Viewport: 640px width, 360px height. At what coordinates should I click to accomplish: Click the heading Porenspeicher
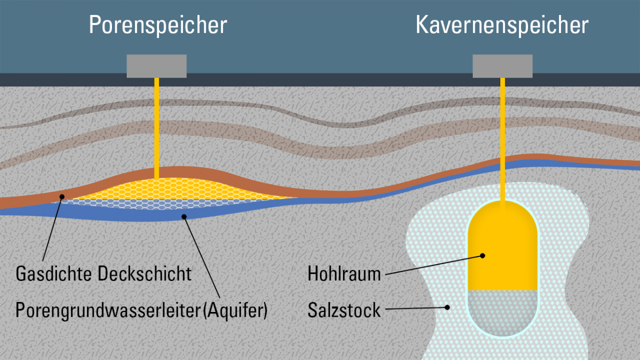coord(158,25)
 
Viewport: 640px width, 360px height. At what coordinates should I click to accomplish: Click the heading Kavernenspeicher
coord(502,25)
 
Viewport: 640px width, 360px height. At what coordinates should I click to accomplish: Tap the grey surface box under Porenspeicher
coord(156,66)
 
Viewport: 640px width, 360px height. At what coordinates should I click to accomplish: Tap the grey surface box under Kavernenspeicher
coord(502,66)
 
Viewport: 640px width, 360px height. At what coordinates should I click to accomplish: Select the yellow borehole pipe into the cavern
coord(502,139)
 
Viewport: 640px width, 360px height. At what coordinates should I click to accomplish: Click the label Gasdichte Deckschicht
coord(103,274)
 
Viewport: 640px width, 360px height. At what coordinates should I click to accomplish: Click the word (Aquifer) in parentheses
coord(235,310)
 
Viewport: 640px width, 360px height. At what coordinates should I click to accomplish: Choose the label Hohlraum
coord(344,274)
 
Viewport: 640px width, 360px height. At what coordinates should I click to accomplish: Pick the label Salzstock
coord(344,310)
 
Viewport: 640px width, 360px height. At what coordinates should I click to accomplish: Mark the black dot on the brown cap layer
coord(62,196)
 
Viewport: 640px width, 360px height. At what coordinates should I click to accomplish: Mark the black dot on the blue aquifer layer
coord(183,217)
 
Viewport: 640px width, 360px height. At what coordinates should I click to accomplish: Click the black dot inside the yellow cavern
coord(483,255)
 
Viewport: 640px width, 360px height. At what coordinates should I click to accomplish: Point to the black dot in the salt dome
coord(447,307)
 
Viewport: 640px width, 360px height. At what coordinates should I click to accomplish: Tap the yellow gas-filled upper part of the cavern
coord(502,235)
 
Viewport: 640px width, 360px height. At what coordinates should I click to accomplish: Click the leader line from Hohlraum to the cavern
coord(432,265)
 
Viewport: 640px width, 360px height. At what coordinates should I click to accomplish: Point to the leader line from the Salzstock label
coord(416,308)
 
